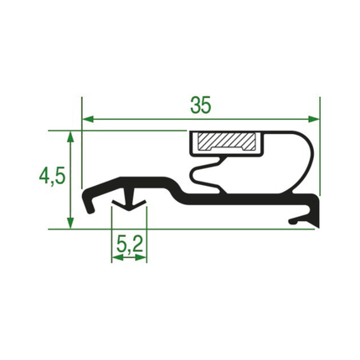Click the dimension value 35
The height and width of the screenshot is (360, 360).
click(201, 105)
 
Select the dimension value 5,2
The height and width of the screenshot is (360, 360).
click(130, 244)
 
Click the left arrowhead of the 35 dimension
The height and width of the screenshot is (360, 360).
click(88, 120)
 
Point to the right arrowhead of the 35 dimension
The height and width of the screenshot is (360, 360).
click(314, 120)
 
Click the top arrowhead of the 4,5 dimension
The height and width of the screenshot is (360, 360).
click(71, 136)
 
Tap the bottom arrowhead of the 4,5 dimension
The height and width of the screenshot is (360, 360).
click(71, 224)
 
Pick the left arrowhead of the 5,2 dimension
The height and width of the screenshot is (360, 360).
click(117, 258)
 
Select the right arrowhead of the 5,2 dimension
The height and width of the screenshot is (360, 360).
click(141, 258)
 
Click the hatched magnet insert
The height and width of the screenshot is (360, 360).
click(226, 141)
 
